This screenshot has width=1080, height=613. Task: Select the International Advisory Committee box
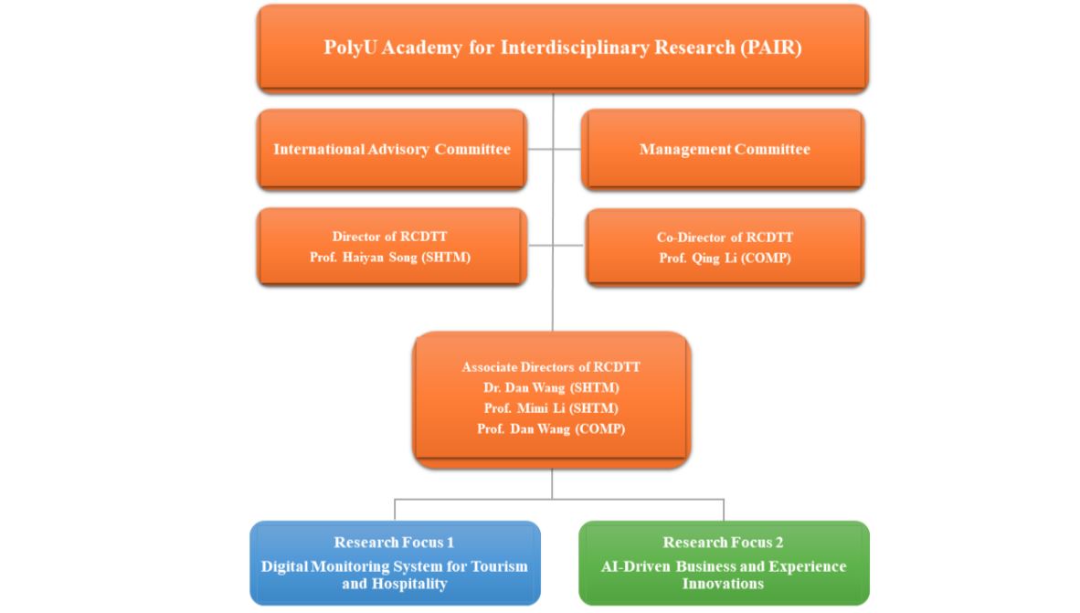coord(391,149)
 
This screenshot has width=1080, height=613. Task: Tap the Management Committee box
coord(724,149)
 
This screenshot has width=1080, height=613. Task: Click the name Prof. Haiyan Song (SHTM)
coord(390,258)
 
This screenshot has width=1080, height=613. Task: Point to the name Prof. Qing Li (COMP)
coord(725,259)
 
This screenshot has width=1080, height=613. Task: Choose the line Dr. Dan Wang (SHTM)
coord(551,387)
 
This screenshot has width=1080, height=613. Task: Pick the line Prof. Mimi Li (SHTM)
coord(551,408)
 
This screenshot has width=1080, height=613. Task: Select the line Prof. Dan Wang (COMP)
coord(551,428)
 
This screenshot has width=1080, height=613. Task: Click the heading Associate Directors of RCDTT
coord(551,367)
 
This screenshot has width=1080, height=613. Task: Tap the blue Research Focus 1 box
coord(395,563)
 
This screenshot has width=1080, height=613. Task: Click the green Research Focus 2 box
coord(724,563)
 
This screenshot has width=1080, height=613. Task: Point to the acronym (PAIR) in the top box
coord(769,48)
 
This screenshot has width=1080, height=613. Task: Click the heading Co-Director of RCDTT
coord(725,238)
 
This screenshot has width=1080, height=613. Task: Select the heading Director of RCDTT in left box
coord(390,237)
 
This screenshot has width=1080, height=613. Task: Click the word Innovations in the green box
coord(723,584)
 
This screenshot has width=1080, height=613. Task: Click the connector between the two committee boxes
coord(554,149)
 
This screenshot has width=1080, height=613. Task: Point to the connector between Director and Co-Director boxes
coord(554,245)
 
